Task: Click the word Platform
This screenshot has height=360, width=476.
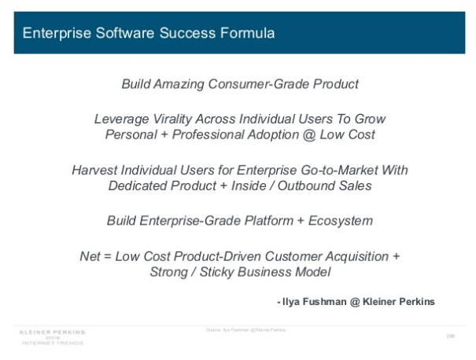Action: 262,221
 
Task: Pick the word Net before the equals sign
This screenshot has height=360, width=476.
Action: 90,257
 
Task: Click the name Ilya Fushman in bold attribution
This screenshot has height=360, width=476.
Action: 312,301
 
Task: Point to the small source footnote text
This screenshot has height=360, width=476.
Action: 240,329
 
